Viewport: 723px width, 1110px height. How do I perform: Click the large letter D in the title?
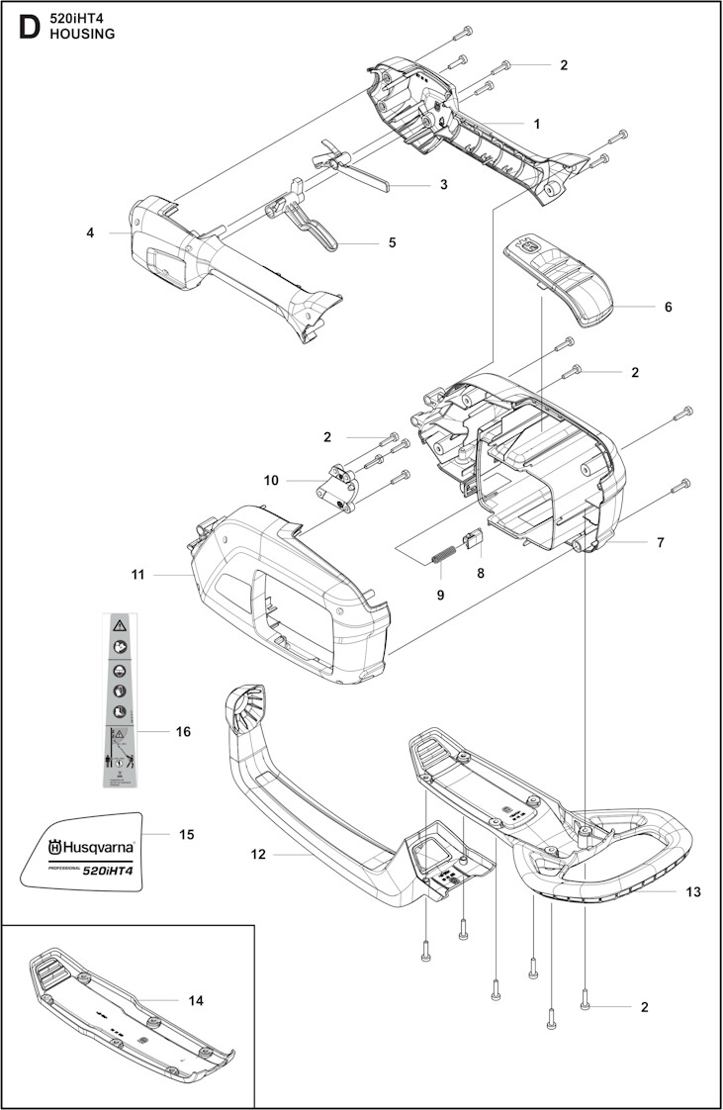click(30, 26)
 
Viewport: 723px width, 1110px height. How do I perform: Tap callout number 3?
click(444, 184)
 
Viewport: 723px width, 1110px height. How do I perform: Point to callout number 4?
click(90, 233)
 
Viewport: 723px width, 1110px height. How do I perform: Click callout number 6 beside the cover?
click(668, 307)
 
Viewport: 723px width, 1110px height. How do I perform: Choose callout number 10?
click(271, 480)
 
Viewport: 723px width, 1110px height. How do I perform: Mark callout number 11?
click(137, 574)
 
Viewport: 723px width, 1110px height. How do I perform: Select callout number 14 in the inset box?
click(195, 1000)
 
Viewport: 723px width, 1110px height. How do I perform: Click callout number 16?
click(182, 732)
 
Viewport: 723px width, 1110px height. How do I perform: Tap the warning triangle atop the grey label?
click(118, 625)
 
